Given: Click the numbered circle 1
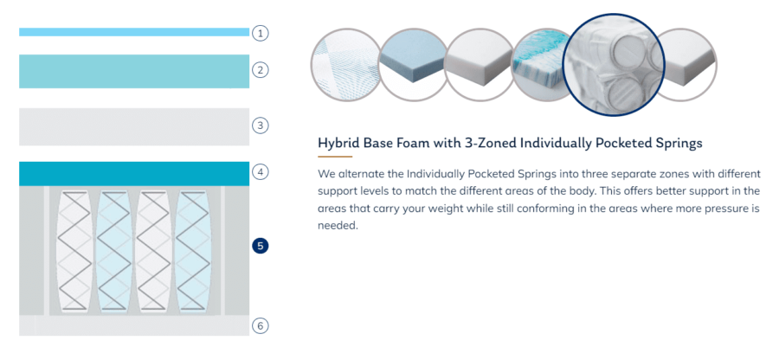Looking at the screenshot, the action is (x=261, y=33).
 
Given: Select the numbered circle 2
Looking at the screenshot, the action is (x=261, y=69).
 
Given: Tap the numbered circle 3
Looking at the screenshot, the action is (x=261, y=125).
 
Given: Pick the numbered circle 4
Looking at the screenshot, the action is (x=261, y=172).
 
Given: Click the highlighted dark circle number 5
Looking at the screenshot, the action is (x=261, y=246).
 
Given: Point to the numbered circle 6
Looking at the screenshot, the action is (x=261, y=326).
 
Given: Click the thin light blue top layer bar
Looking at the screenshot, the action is (x=134, y=32).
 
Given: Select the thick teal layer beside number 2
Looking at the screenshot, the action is (x=134, y=72).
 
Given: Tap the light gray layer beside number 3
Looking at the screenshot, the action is (x=134, y=126).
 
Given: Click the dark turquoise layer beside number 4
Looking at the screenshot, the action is (x=134, y=174).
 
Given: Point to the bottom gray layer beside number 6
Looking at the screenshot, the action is (x=134, y=325).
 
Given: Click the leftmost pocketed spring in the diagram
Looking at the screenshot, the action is (x=74, y=250).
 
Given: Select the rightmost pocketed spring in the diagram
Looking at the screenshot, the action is (x=193, y=250).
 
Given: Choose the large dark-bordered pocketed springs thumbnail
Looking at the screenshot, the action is (x=614, y=65).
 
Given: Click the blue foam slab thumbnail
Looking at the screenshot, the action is (x=414, y=65).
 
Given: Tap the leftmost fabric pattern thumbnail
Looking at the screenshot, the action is (x=345, y=65).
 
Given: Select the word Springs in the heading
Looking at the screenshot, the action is (x=678, y=144).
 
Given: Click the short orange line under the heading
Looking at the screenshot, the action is (x=335, y=157).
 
